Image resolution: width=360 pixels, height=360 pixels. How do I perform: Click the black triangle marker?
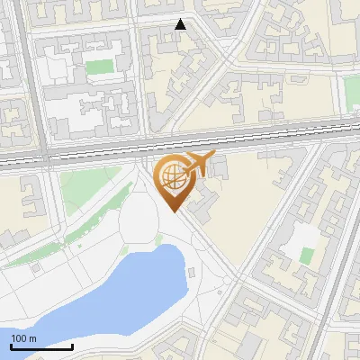(180, 24)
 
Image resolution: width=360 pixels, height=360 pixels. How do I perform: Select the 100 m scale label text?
(22, 338)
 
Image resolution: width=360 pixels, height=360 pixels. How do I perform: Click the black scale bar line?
(41, 346)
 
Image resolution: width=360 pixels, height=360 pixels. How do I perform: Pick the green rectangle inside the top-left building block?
(100, 67)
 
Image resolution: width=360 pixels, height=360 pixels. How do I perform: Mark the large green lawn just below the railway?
(90, 184)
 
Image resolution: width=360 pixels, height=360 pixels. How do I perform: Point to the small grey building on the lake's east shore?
(191, 271)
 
